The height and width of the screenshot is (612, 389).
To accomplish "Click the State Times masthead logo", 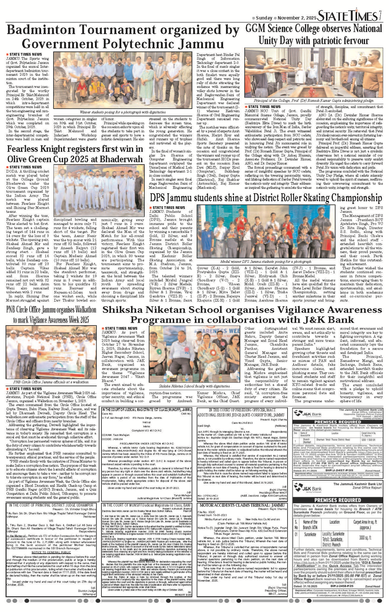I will click(347, 15).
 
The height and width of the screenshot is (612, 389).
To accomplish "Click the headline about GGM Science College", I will click(314, 34).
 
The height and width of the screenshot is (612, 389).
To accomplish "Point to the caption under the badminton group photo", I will click(123, 112).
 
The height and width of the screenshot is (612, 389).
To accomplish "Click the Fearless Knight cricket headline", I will click(75, 154).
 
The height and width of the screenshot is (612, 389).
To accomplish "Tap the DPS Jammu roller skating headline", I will click(266, 198).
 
